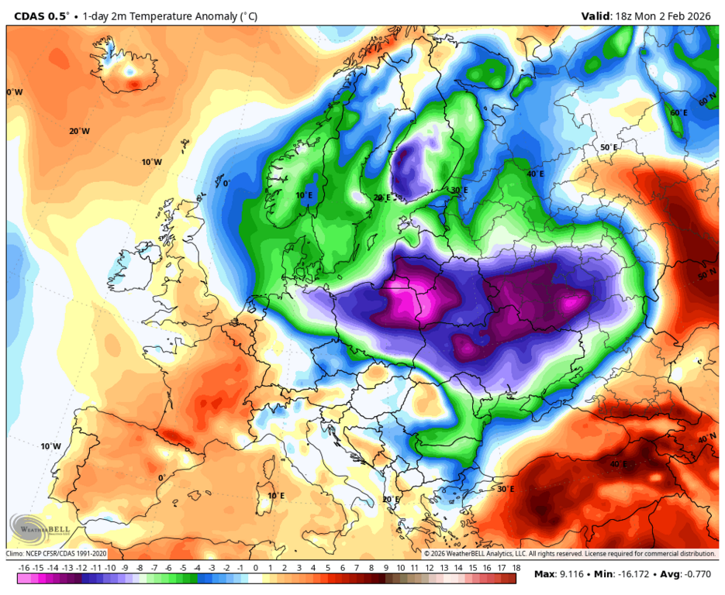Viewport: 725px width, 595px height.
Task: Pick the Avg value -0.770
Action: point(695,574)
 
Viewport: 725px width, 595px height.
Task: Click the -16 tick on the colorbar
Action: point(24,568)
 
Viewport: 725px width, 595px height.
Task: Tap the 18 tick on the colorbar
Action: point(516,568)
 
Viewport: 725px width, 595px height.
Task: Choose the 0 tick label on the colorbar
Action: point(256,568)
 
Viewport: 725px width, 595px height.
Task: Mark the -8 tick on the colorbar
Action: point(140,568)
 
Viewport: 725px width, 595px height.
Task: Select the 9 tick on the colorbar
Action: point(385,568)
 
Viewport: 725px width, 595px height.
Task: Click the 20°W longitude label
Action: point(79,131)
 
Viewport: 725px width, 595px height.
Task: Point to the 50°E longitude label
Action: point(609,147)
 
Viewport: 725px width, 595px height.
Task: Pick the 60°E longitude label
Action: point(679,113)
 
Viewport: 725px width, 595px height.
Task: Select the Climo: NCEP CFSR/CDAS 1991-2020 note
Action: point(57,554)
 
